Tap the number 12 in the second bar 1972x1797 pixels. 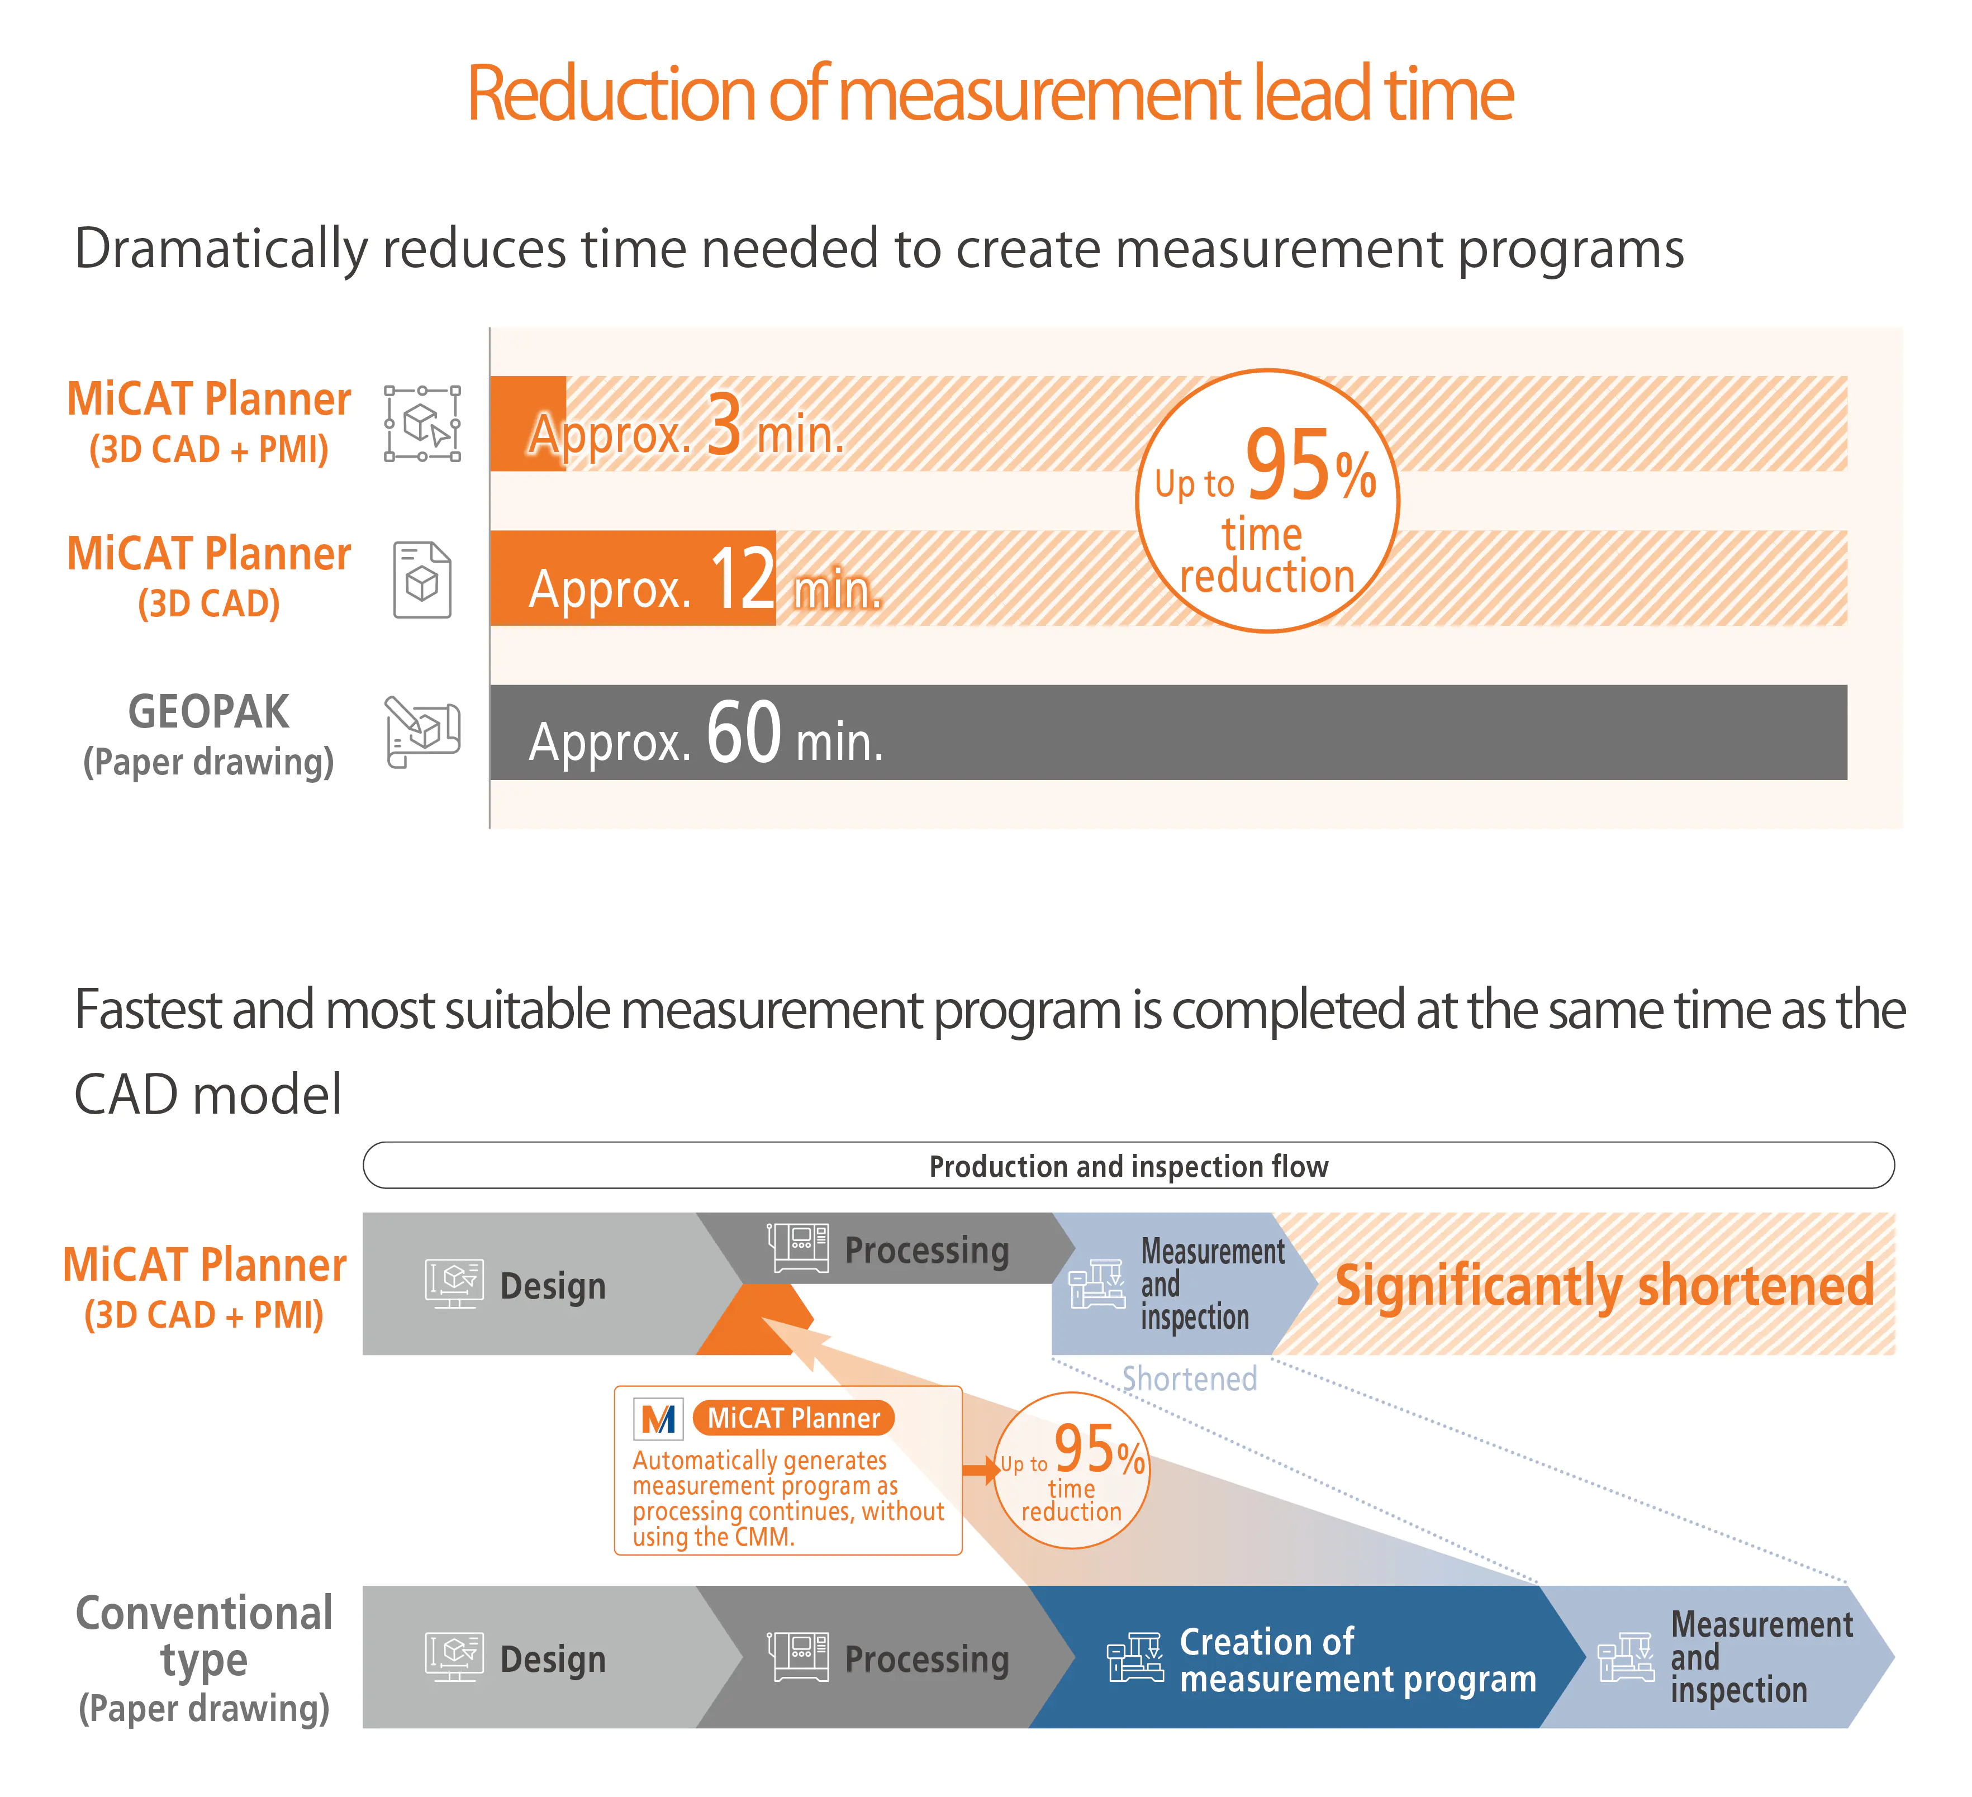point(743,578)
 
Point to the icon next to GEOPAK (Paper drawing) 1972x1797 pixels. point(422,732)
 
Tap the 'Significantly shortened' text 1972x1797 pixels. point(1604,1285)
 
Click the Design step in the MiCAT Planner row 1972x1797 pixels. point(528,1285)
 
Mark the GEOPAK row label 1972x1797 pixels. point(208,712)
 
